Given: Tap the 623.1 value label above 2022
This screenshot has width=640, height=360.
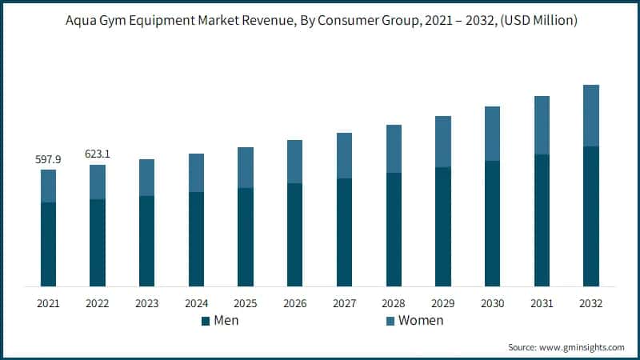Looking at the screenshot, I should (98, 154).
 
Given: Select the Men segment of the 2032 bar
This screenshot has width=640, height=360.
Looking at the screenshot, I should (591, 216).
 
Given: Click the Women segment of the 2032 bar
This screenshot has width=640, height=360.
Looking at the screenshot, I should (591, 115).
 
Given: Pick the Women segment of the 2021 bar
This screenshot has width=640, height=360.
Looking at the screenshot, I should (49, 186).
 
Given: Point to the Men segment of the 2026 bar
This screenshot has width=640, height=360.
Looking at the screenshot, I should (295, 234).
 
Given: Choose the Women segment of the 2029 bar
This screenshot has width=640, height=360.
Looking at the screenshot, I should (443, 142).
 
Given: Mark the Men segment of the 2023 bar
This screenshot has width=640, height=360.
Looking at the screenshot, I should (147, 241).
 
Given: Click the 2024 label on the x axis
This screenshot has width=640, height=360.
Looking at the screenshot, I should (197, 303).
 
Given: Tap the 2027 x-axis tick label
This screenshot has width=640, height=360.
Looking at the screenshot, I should (345, 303).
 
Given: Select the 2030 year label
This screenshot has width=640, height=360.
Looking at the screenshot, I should (493, 303).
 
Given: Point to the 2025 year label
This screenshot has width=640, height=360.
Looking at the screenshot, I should (246, 303).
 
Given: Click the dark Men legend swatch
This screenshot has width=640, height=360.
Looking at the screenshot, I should (206, 321).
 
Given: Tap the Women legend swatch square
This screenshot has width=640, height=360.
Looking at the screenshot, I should (390, 321).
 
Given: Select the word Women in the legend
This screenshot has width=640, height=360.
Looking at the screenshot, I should (421, 321).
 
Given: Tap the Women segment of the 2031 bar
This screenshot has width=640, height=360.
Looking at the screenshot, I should (542, 125).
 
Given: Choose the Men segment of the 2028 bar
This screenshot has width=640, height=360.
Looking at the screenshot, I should (394, 230).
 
